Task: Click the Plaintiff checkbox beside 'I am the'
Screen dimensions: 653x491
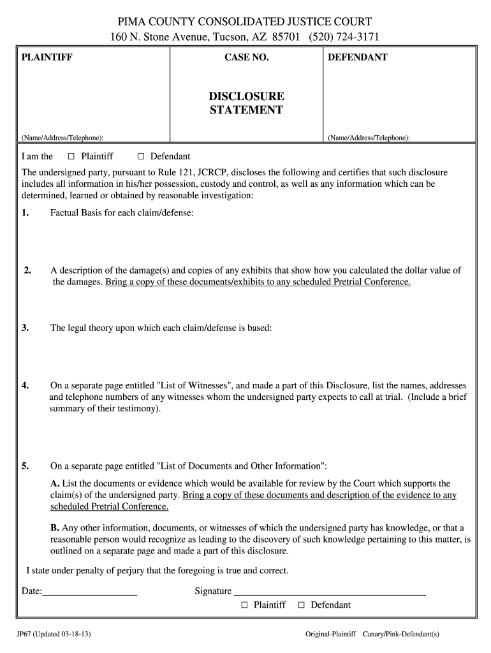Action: click(71, 157)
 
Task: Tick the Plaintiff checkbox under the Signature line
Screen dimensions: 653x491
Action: click(244, 605)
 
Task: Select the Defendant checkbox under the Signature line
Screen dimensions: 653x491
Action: click(302, 605)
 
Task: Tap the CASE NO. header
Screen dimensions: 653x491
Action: click(247, 57)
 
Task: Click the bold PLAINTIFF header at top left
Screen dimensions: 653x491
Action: click(47, 57)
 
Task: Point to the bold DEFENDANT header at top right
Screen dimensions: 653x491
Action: click(357, 57)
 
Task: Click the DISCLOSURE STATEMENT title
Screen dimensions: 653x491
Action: click(247, 103)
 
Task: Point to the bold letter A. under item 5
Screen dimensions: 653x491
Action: click(55, 483)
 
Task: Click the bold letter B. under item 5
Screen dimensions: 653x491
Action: click(55, 527)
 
